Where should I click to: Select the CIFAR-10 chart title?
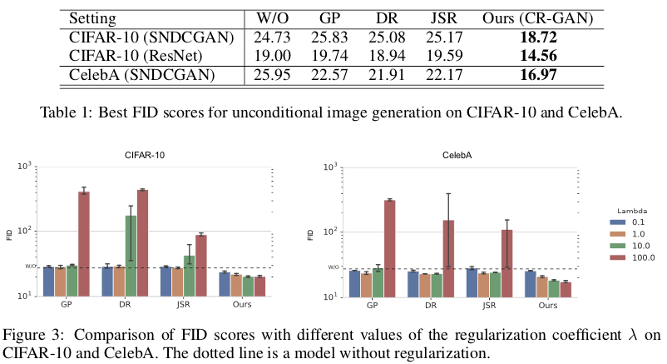143,153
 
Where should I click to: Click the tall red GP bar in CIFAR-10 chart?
83,243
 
